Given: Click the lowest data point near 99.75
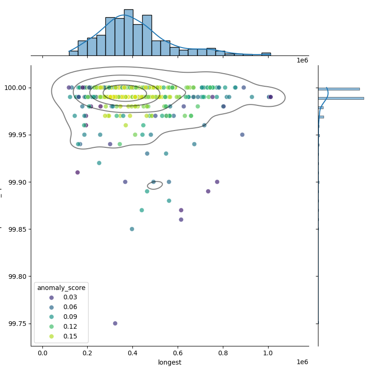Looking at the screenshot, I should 115,323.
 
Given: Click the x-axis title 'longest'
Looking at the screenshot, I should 170,362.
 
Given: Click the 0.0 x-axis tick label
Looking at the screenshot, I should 42,353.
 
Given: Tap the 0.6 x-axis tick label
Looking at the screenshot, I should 178,353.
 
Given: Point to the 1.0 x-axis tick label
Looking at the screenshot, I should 268,353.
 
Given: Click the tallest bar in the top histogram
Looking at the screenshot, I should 129,33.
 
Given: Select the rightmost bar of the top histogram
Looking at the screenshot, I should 266,54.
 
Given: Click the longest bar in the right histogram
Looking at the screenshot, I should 340,98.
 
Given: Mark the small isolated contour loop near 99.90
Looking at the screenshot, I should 155,185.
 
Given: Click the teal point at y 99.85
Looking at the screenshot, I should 132,229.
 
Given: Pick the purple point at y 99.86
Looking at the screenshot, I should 181,220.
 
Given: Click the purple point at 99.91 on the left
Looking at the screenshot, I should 77,173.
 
